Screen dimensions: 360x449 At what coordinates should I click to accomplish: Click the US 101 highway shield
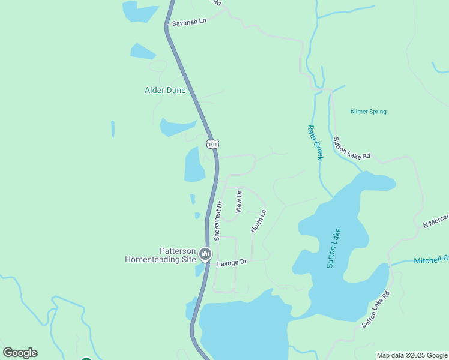212,144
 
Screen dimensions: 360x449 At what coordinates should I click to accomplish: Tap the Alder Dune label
165,91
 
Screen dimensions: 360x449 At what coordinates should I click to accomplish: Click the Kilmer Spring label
368,112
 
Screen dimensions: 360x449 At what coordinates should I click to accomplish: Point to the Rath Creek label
316,142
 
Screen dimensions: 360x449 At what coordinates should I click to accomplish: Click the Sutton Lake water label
334,248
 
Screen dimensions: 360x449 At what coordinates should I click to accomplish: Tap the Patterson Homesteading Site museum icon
205,255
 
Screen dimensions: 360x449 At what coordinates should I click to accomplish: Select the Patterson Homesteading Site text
160,256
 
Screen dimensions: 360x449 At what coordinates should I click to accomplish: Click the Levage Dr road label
232,263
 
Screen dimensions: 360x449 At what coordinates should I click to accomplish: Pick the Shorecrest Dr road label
218,221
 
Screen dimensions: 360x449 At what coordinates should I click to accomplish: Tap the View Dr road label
239,202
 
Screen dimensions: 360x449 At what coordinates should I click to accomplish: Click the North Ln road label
258,221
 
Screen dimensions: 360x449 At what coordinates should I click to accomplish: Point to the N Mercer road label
435,220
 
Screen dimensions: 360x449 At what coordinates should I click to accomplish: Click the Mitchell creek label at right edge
431,259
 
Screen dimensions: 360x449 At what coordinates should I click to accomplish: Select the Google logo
20,353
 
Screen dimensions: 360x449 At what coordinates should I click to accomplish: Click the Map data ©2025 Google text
411,355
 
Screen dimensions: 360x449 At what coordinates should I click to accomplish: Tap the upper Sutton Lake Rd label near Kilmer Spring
351,148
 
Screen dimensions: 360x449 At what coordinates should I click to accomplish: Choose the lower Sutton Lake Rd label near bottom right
376,309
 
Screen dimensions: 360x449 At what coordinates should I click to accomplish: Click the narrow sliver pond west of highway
113,130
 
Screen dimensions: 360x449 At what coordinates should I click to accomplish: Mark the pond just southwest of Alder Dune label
176,127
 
